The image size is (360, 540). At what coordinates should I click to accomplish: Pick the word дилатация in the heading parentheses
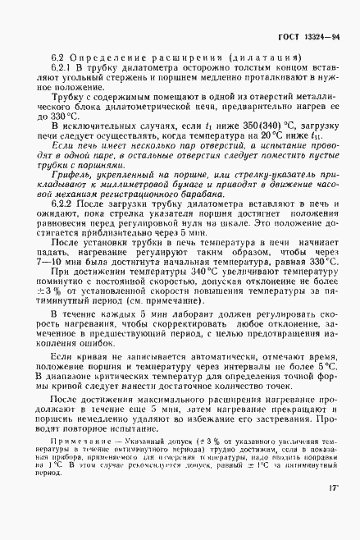[262, 57]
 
